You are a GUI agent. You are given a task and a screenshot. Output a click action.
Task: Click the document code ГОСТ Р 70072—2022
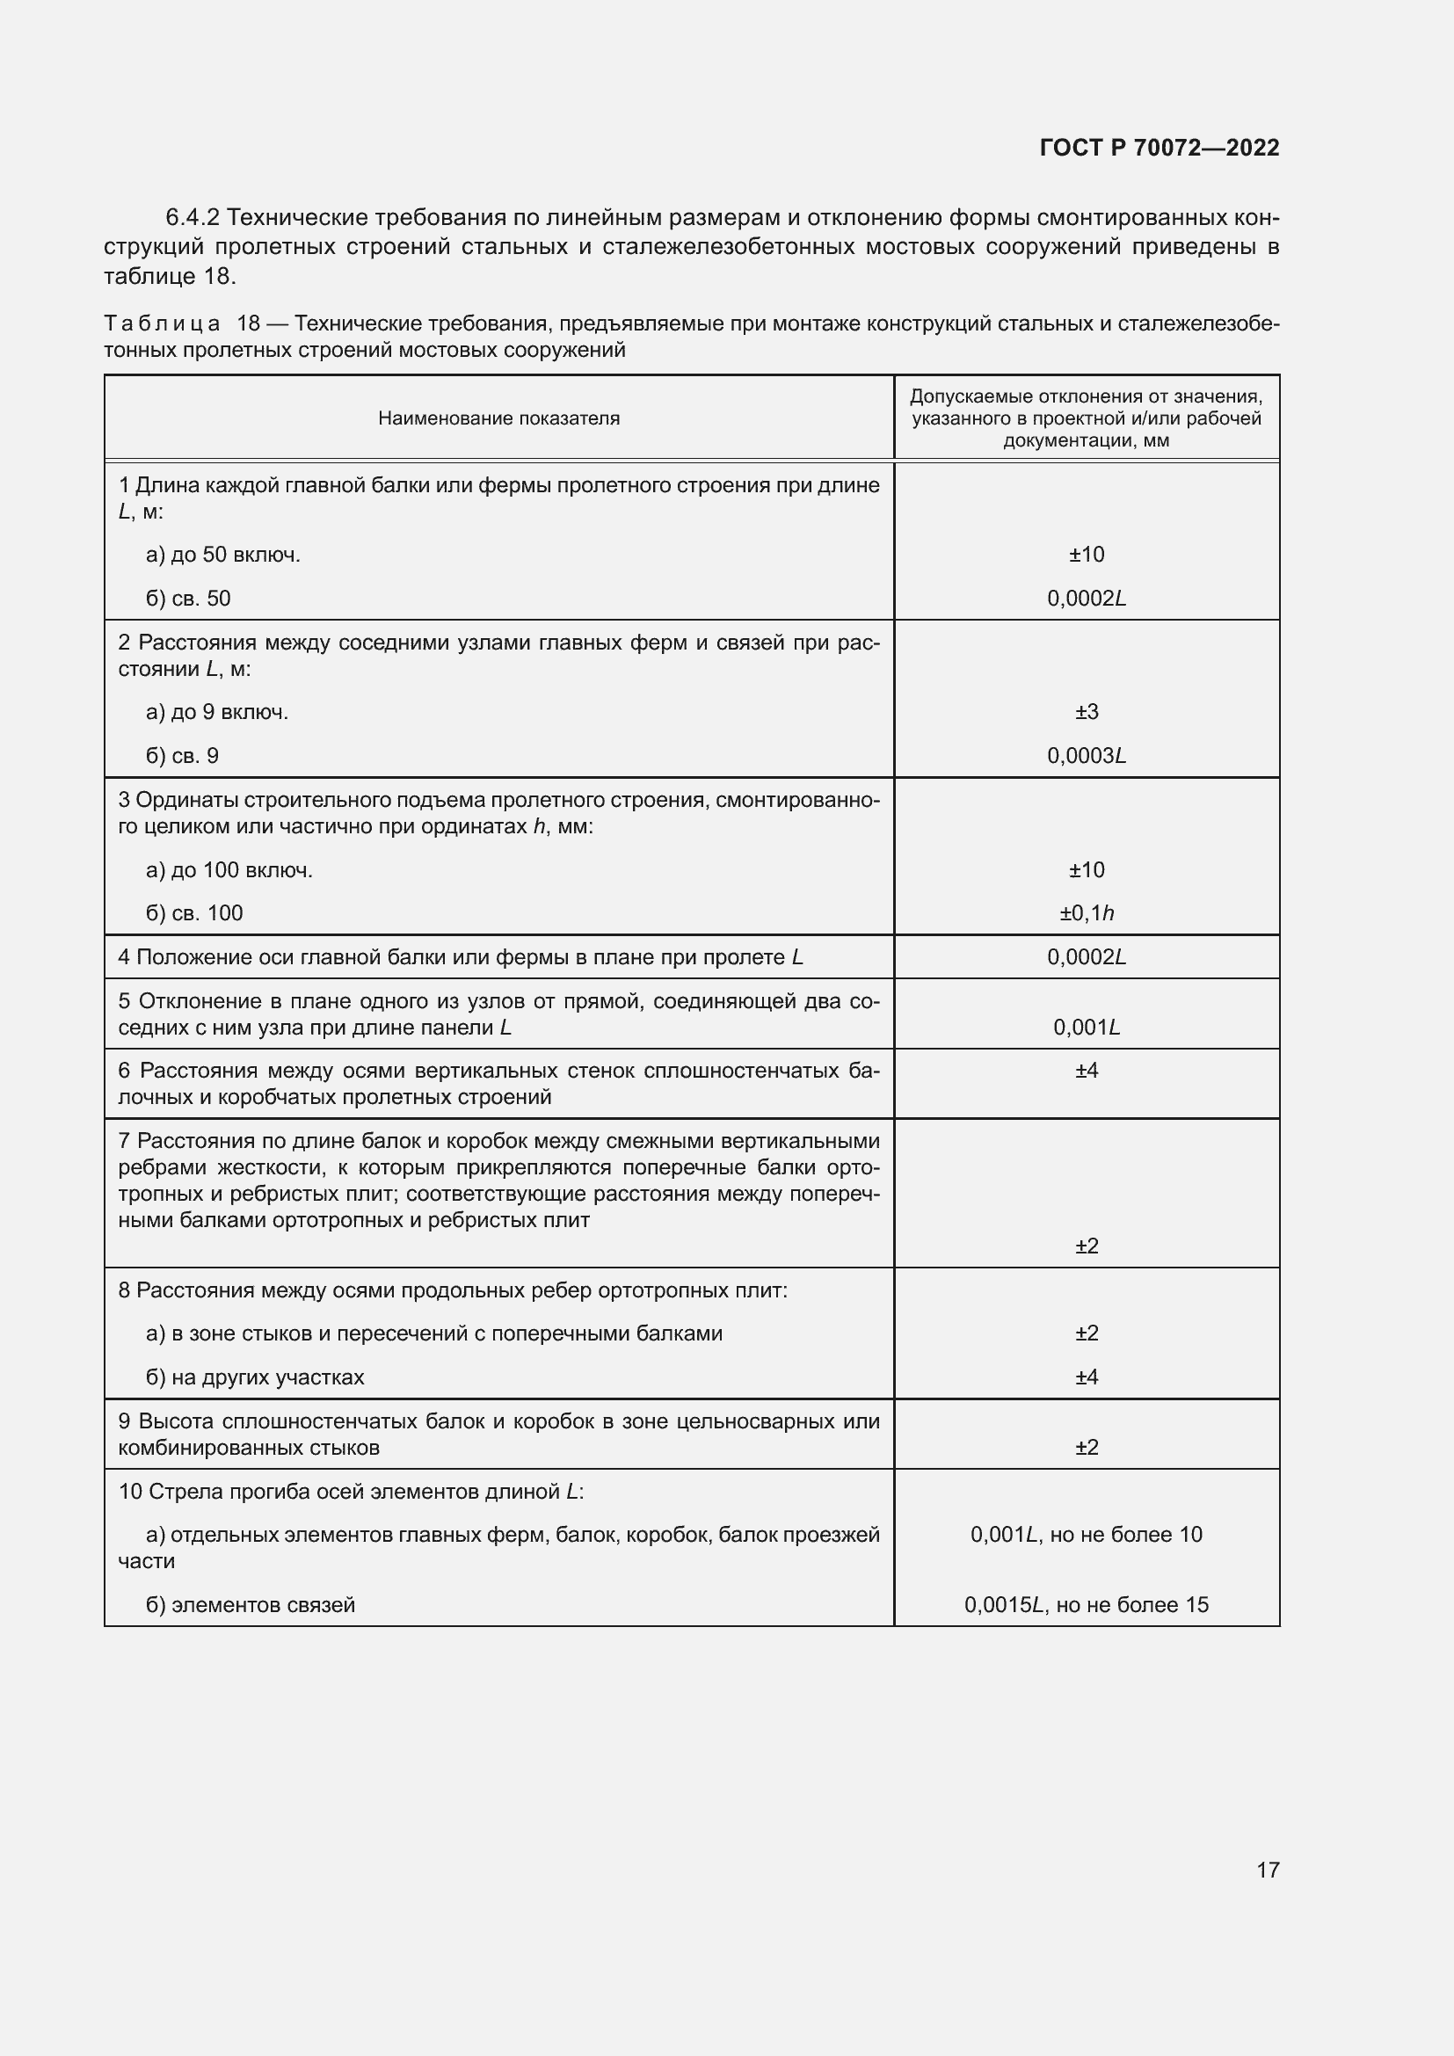tap(1159, 148)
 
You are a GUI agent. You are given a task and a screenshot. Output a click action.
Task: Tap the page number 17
tap(1267, 1870)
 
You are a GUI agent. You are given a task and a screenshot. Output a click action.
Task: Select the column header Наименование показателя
tap(498, 418)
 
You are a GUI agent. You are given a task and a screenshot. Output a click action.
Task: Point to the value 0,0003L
tap(1086, 756)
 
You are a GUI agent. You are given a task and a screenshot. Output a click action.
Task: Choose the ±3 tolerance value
tap(1086, 712)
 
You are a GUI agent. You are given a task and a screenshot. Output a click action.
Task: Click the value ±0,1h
tap(1086, 913)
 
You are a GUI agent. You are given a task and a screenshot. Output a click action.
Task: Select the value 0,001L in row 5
tap(1086, 1027)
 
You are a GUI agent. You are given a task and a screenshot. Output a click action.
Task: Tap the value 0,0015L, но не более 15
tap(1086, 1605)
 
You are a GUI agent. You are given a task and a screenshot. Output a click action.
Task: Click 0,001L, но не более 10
tap(1086, 1535)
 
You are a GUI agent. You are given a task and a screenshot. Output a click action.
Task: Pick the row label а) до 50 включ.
tap(223, 555)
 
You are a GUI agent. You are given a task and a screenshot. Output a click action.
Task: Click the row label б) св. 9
tap(182, 756)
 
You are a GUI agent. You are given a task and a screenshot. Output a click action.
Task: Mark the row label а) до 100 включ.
tap(229, 869)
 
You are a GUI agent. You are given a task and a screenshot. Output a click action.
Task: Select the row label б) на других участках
tap(255, 1377)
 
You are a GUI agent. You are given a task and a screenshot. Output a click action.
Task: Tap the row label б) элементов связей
tap(251, 1605)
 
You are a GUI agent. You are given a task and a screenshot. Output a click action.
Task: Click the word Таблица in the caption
tap(162, 323)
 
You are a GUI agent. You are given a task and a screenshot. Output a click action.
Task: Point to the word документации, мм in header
tap(1086, 440)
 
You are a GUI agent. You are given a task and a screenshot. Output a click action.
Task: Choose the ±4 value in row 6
tap(1086, 1070)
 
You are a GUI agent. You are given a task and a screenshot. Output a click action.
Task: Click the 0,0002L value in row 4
tap(1086, 957)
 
